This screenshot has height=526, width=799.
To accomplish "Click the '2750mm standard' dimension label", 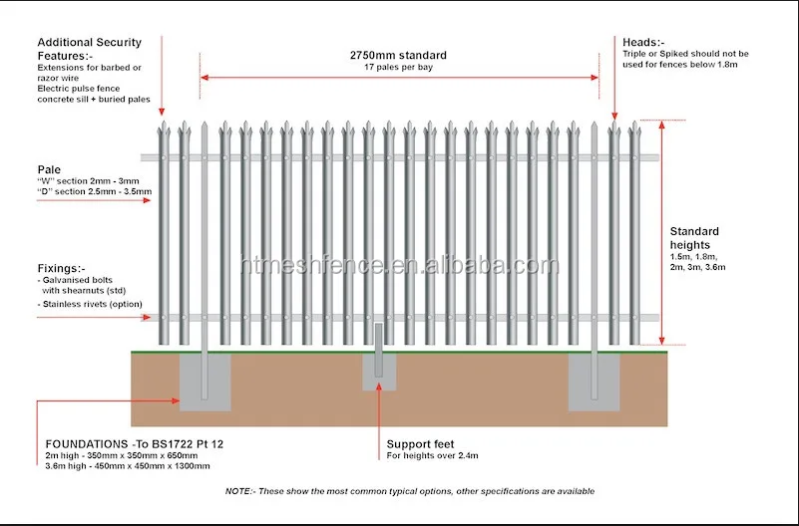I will pos(399,55).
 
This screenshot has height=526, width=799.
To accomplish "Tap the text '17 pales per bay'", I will pos(399,68).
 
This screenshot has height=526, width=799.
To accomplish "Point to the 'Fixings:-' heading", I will pos(62,268).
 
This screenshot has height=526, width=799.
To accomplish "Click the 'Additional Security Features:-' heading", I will pos(90,49).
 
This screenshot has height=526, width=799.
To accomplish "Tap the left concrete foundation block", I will pos(204,383).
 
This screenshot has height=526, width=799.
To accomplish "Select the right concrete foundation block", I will pos(594,383).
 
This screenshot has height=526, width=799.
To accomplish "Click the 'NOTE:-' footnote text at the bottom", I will pos(409,491).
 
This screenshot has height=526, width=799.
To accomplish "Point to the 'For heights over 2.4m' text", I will pos(434,456).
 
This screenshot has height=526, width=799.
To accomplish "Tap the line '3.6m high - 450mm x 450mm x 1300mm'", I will pos(128,465).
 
